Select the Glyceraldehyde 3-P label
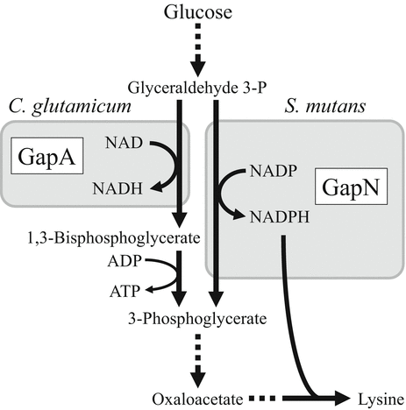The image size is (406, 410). tap(196, 88)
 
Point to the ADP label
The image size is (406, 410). tap(129, 260)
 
